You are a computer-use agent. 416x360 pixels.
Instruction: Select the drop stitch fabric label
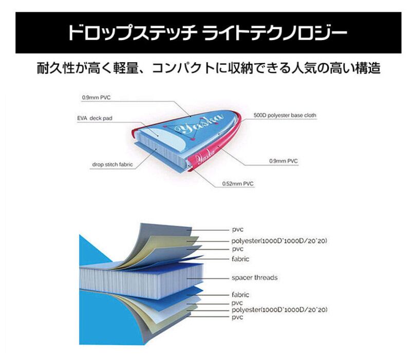(113, 165)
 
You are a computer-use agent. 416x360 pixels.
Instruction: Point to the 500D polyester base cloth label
(285, 116)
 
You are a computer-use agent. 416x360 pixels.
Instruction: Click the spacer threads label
(254, 277)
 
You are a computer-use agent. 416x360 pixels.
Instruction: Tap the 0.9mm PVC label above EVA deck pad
(96, 97)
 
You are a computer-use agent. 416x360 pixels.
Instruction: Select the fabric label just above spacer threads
(240, 259)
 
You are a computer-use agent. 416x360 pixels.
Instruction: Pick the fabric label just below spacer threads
(240, 295)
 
